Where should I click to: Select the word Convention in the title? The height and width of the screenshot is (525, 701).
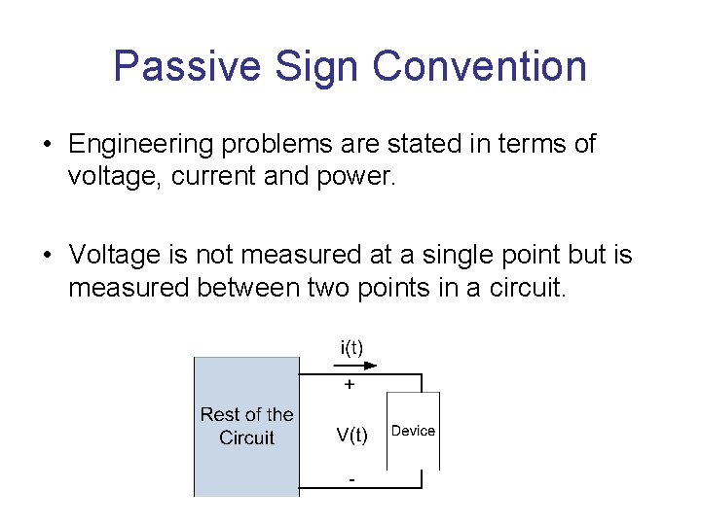click(x=480, y=66)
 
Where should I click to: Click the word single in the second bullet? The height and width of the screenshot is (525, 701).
click(x=447, y=256)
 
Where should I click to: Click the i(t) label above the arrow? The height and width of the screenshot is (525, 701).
click(x=352, y=346)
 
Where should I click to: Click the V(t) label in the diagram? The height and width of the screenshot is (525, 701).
click(x=352, y=436)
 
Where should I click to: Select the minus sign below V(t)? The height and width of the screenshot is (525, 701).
click(x=350, y=479)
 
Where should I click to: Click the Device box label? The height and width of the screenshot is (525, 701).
click(x=413, y=431)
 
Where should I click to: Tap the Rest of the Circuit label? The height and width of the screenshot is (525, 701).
click(x=246, y=426)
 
